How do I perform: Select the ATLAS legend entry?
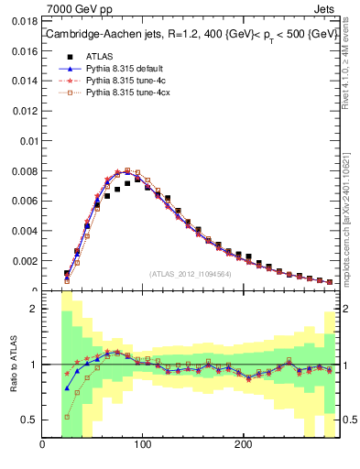coord(100,55)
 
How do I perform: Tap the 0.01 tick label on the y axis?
coord(27,141)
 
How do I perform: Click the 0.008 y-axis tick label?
coord(25,171)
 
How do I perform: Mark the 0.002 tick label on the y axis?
coord(25,261)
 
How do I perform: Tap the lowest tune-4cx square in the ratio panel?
coord(67,417)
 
